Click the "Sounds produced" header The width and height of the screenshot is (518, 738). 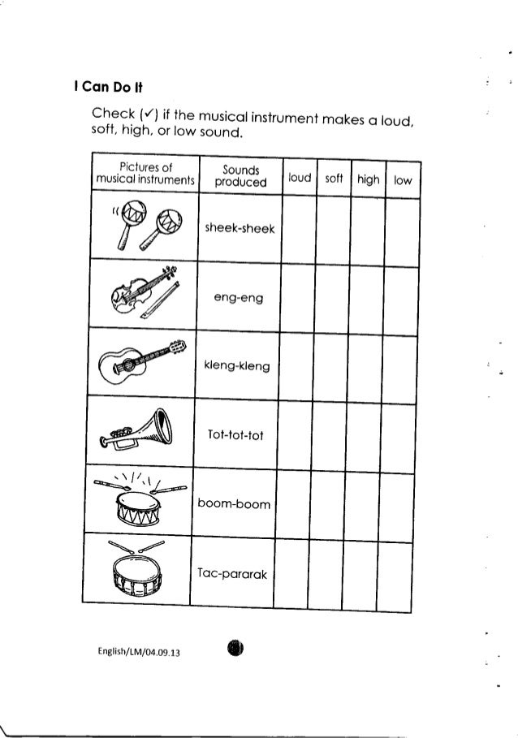pos(231,177)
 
